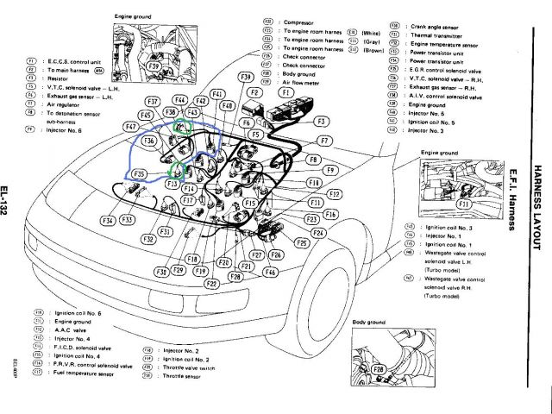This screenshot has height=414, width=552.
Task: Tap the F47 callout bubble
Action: click(132, 127)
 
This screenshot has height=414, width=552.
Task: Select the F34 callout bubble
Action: click(108, 221)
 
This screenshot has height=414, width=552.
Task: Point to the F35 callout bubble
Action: click(139, 174)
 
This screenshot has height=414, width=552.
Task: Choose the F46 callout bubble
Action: click(271, 272)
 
